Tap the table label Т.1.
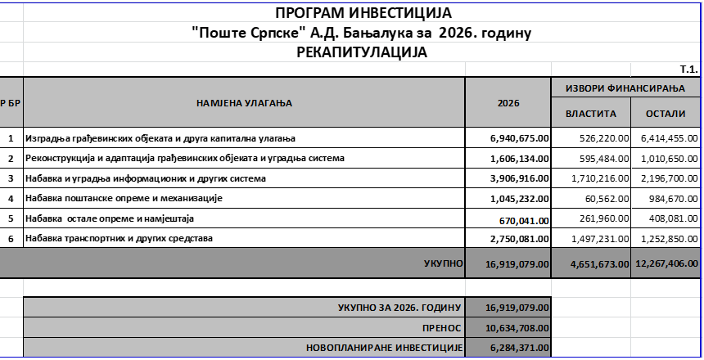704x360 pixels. (x=688, y=70)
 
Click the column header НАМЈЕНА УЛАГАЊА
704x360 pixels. (x=245, y=103)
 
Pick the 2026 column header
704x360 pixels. (x=508, y=104)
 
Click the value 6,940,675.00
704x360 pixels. (x=519, y=138)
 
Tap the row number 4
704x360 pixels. (x=11, y=198)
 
